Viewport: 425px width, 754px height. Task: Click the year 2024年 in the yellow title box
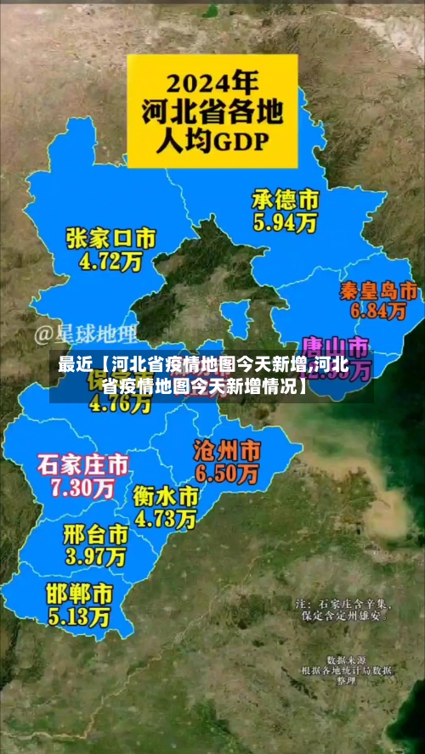tap(212, 84)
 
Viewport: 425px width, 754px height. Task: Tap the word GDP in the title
tap(244, 140)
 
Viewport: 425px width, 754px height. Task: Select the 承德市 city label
tap(285, 200)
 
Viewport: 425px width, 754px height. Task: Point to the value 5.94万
tap(285, 223)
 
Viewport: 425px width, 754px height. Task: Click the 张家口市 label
tap(110, 239)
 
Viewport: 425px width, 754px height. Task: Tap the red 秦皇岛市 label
tap(377, 290)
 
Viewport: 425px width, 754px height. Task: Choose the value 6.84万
tap(377, 312)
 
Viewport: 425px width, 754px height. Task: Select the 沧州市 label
tap(227, 449)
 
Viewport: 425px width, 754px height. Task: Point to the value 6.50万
tap(227, 473)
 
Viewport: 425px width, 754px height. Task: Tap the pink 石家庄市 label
tap(82, 464)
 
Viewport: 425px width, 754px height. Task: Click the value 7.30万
tap(82, 487)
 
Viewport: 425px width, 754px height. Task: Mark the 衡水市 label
tap(166, 495)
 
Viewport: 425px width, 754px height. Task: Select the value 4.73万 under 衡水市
tap(166, 517)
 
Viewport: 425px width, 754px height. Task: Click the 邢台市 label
tap(95, 534)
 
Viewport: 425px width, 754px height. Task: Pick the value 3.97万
tap(95, 557)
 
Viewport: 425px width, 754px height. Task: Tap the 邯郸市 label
tap(78, 591)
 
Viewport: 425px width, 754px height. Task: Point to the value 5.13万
tap(78, 614)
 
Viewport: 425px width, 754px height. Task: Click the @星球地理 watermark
tap(85, 334)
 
